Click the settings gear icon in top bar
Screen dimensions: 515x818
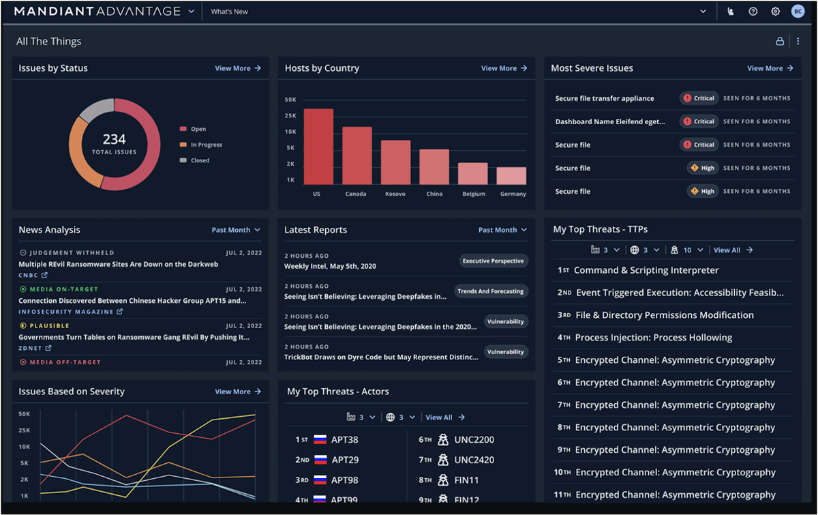point(775,12)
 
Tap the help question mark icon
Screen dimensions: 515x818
point(753,12)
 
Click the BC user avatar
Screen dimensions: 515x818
point(798,12)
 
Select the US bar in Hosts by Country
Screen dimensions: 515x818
point(318,147)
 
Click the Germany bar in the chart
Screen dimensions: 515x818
point(511,176)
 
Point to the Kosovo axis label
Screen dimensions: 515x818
point(395,194)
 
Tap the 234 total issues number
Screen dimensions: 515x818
point(114,140)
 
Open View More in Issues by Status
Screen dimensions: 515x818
point(237,68)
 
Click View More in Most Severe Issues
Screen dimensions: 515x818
point(770,68)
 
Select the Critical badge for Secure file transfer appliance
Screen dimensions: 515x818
point(699,98)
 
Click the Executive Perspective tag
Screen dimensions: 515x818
point(493,261)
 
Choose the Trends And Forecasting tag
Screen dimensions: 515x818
point(491,291)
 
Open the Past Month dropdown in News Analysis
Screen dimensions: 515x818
point(236,230)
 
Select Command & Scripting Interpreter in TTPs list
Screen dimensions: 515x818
point(646,270)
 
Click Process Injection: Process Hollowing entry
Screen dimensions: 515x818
point(653,338)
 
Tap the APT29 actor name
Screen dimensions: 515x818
point(344,460)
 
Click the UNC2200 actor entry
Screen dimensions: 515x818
point(474,440)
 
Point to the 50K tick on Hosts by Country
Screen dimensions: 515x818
point(290,100)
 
